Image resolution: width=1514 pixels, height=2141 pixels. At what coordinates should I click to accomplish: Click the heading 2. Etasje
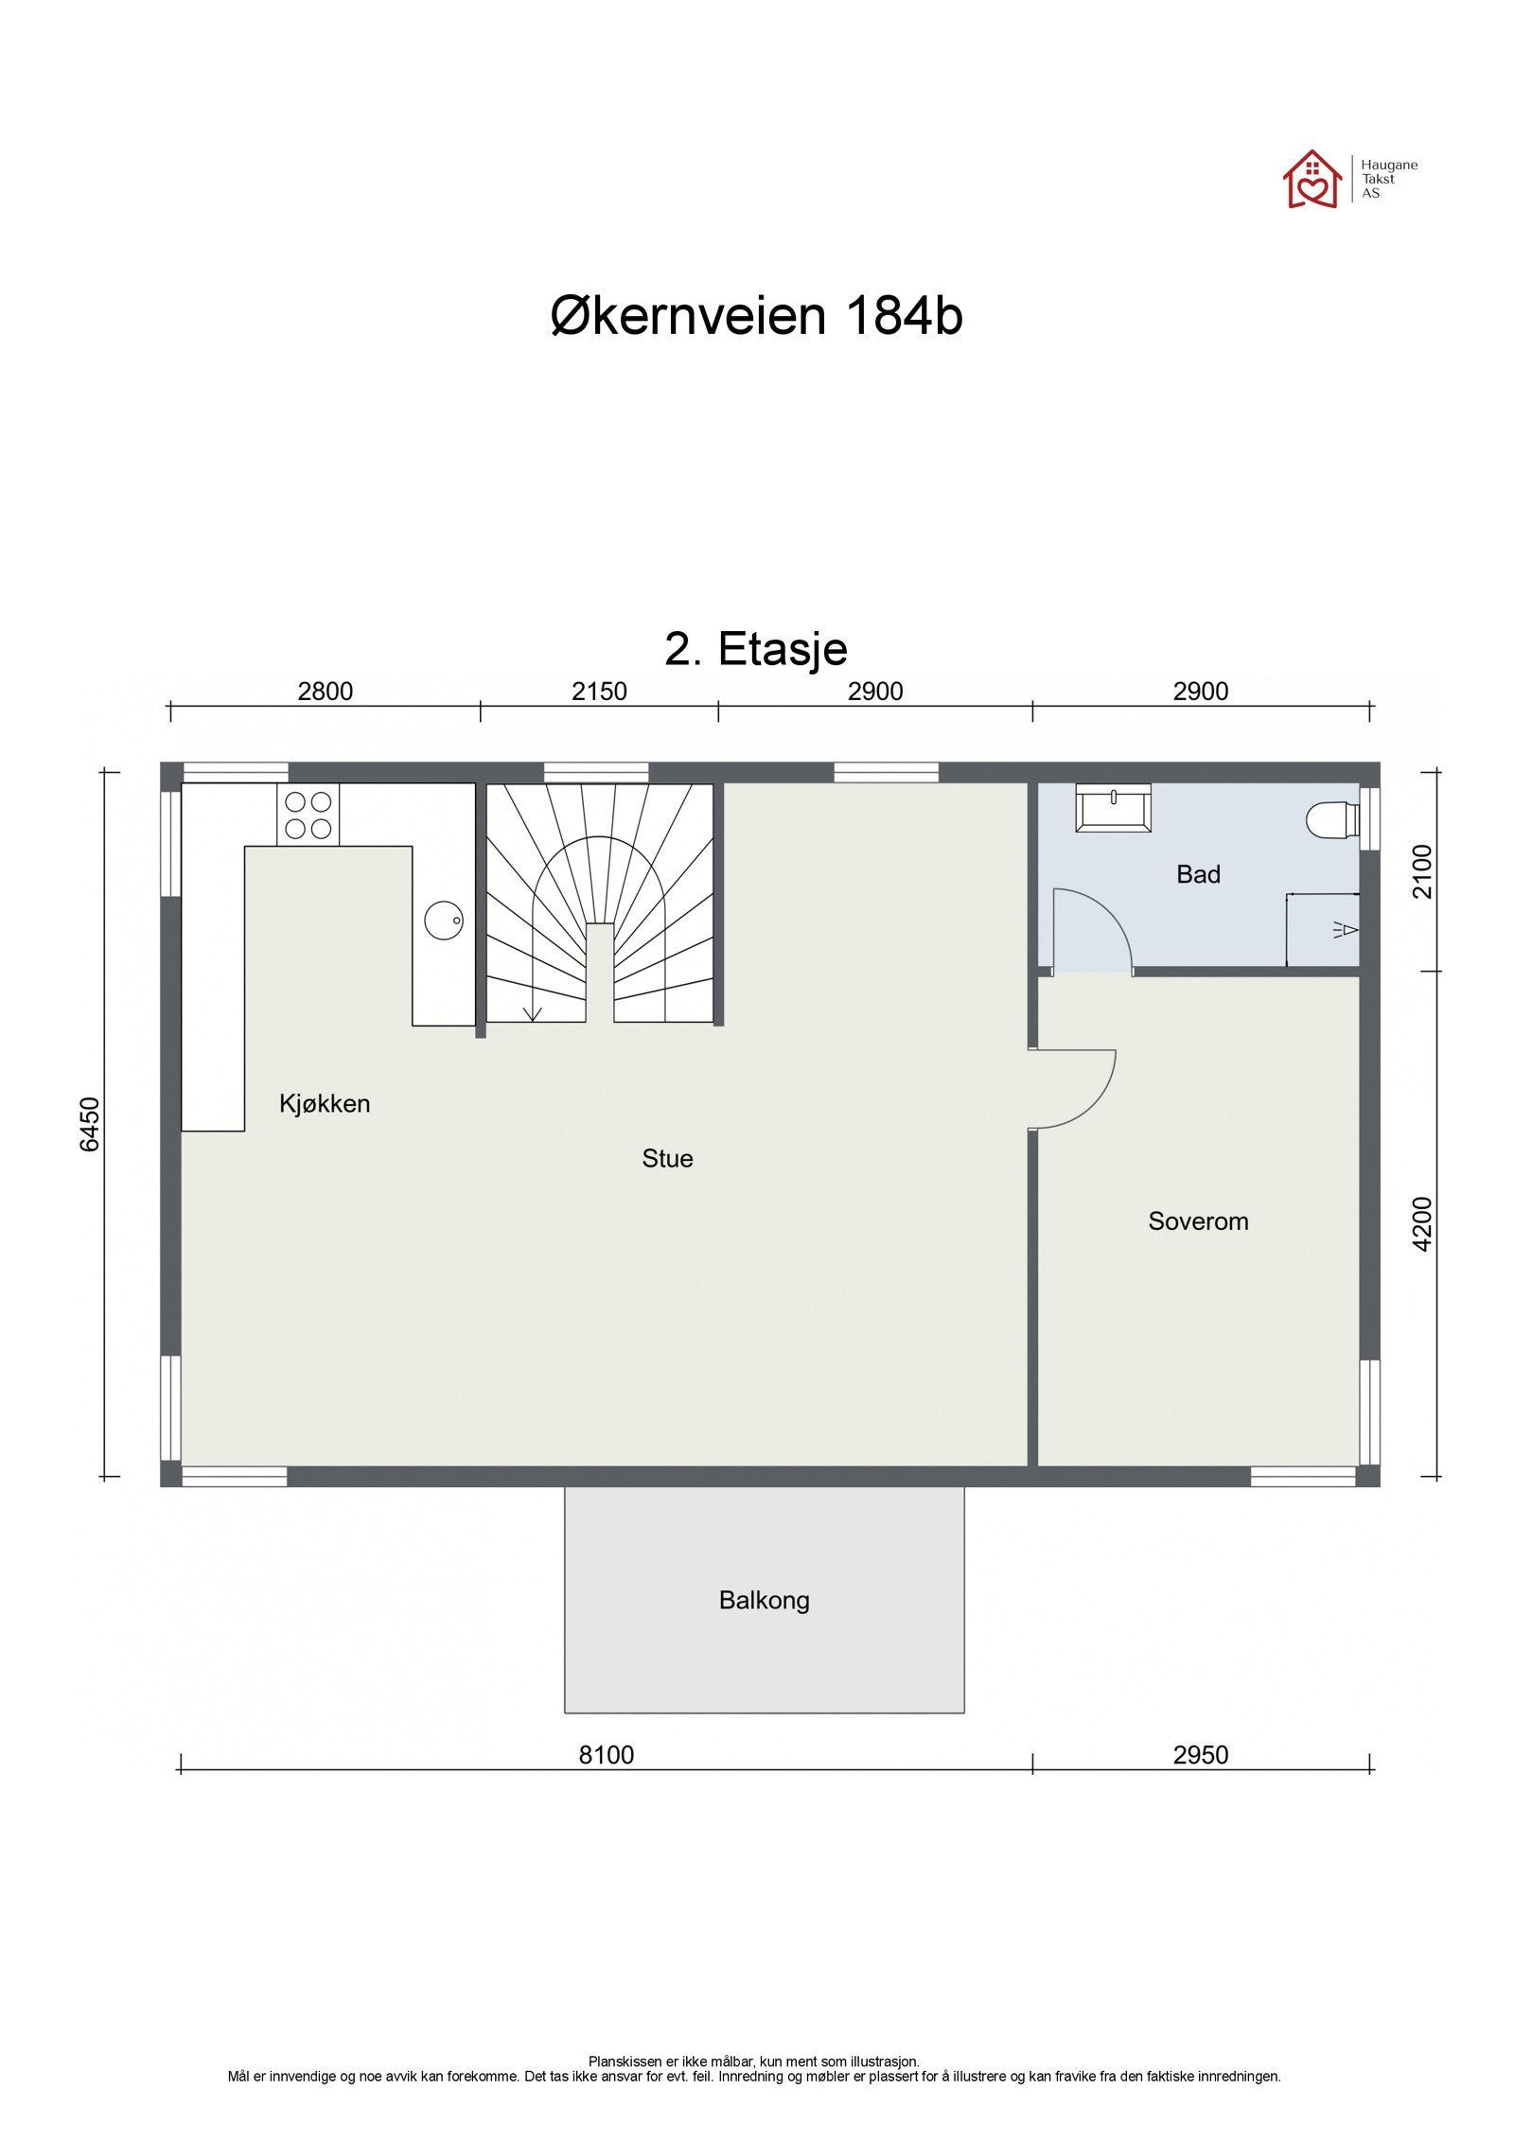(x=755, y=649)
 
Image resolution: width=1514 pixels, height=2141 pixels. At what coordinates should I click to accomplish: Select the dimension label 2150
(x=599, y=692)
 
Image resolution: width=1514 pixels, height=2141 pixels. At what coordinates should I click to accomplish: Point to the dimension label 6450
(x=89, y=1124)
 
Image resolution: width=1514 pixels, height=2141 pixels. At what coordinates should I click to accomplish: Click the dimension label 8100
(x=606, y=1755)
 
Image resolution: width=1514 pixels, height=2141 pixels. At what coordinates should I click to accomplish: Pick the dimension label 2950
(x=1200, y=1755)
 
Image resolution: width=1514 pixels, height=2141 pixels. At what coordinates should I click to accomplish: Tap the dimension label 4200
(x=1422, y=1223)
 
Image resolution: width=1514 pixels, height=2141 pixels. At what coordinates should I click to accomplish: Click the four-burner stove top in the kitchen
(x=308, y=815)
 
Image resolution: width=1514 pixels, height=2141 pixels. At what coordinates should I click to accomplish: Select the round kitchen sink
(x=443, y=920)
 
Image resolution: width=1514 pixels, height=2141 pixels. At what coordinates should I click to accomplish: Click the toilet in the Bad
(x=1330, y=819)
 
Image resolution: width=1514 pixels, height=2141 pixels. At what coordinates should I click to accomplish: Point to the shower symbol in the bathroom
(x=1345, y=930)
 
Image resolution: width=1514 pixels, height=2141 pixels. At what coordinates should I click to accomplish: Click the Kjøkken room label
(x=325, y=1103)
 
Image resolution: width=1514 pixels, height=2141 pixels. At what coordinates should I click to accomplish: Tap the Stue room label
(x=667, y=1158)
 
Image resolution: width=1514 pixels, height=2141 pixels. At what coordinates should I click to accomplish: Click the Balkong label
(x=764, y=1600)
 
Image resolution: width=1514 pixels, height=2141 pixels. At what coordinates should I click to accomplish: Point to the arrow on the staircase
(x=532, y=1011)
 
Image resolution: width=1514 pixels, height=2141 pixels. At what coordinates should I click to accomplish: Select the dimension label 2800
(x=325, y=692)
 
